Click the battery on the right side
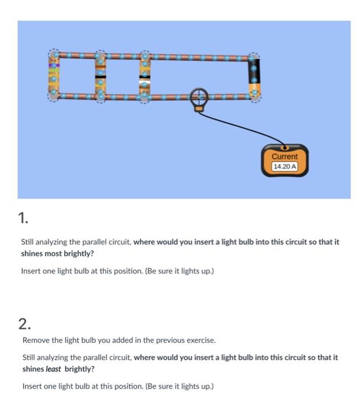(254, 75)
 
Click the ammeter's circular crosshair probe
(199, 96)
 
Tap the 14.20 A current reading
(285, 166)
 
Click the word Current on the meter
(285, 157)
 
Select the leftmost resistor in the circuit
(54, 76)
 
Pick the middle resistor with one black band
(100, 76)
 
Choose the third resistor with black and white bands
(144, 76)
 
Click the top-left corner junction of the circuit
(54, 55)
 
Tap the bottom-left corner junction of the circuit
(54, 96)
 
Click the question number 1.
(23, 218)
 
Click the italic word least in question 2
(54, 369)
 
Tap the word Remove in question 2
(35, 340)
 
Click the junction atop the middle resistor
(100, 57)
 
